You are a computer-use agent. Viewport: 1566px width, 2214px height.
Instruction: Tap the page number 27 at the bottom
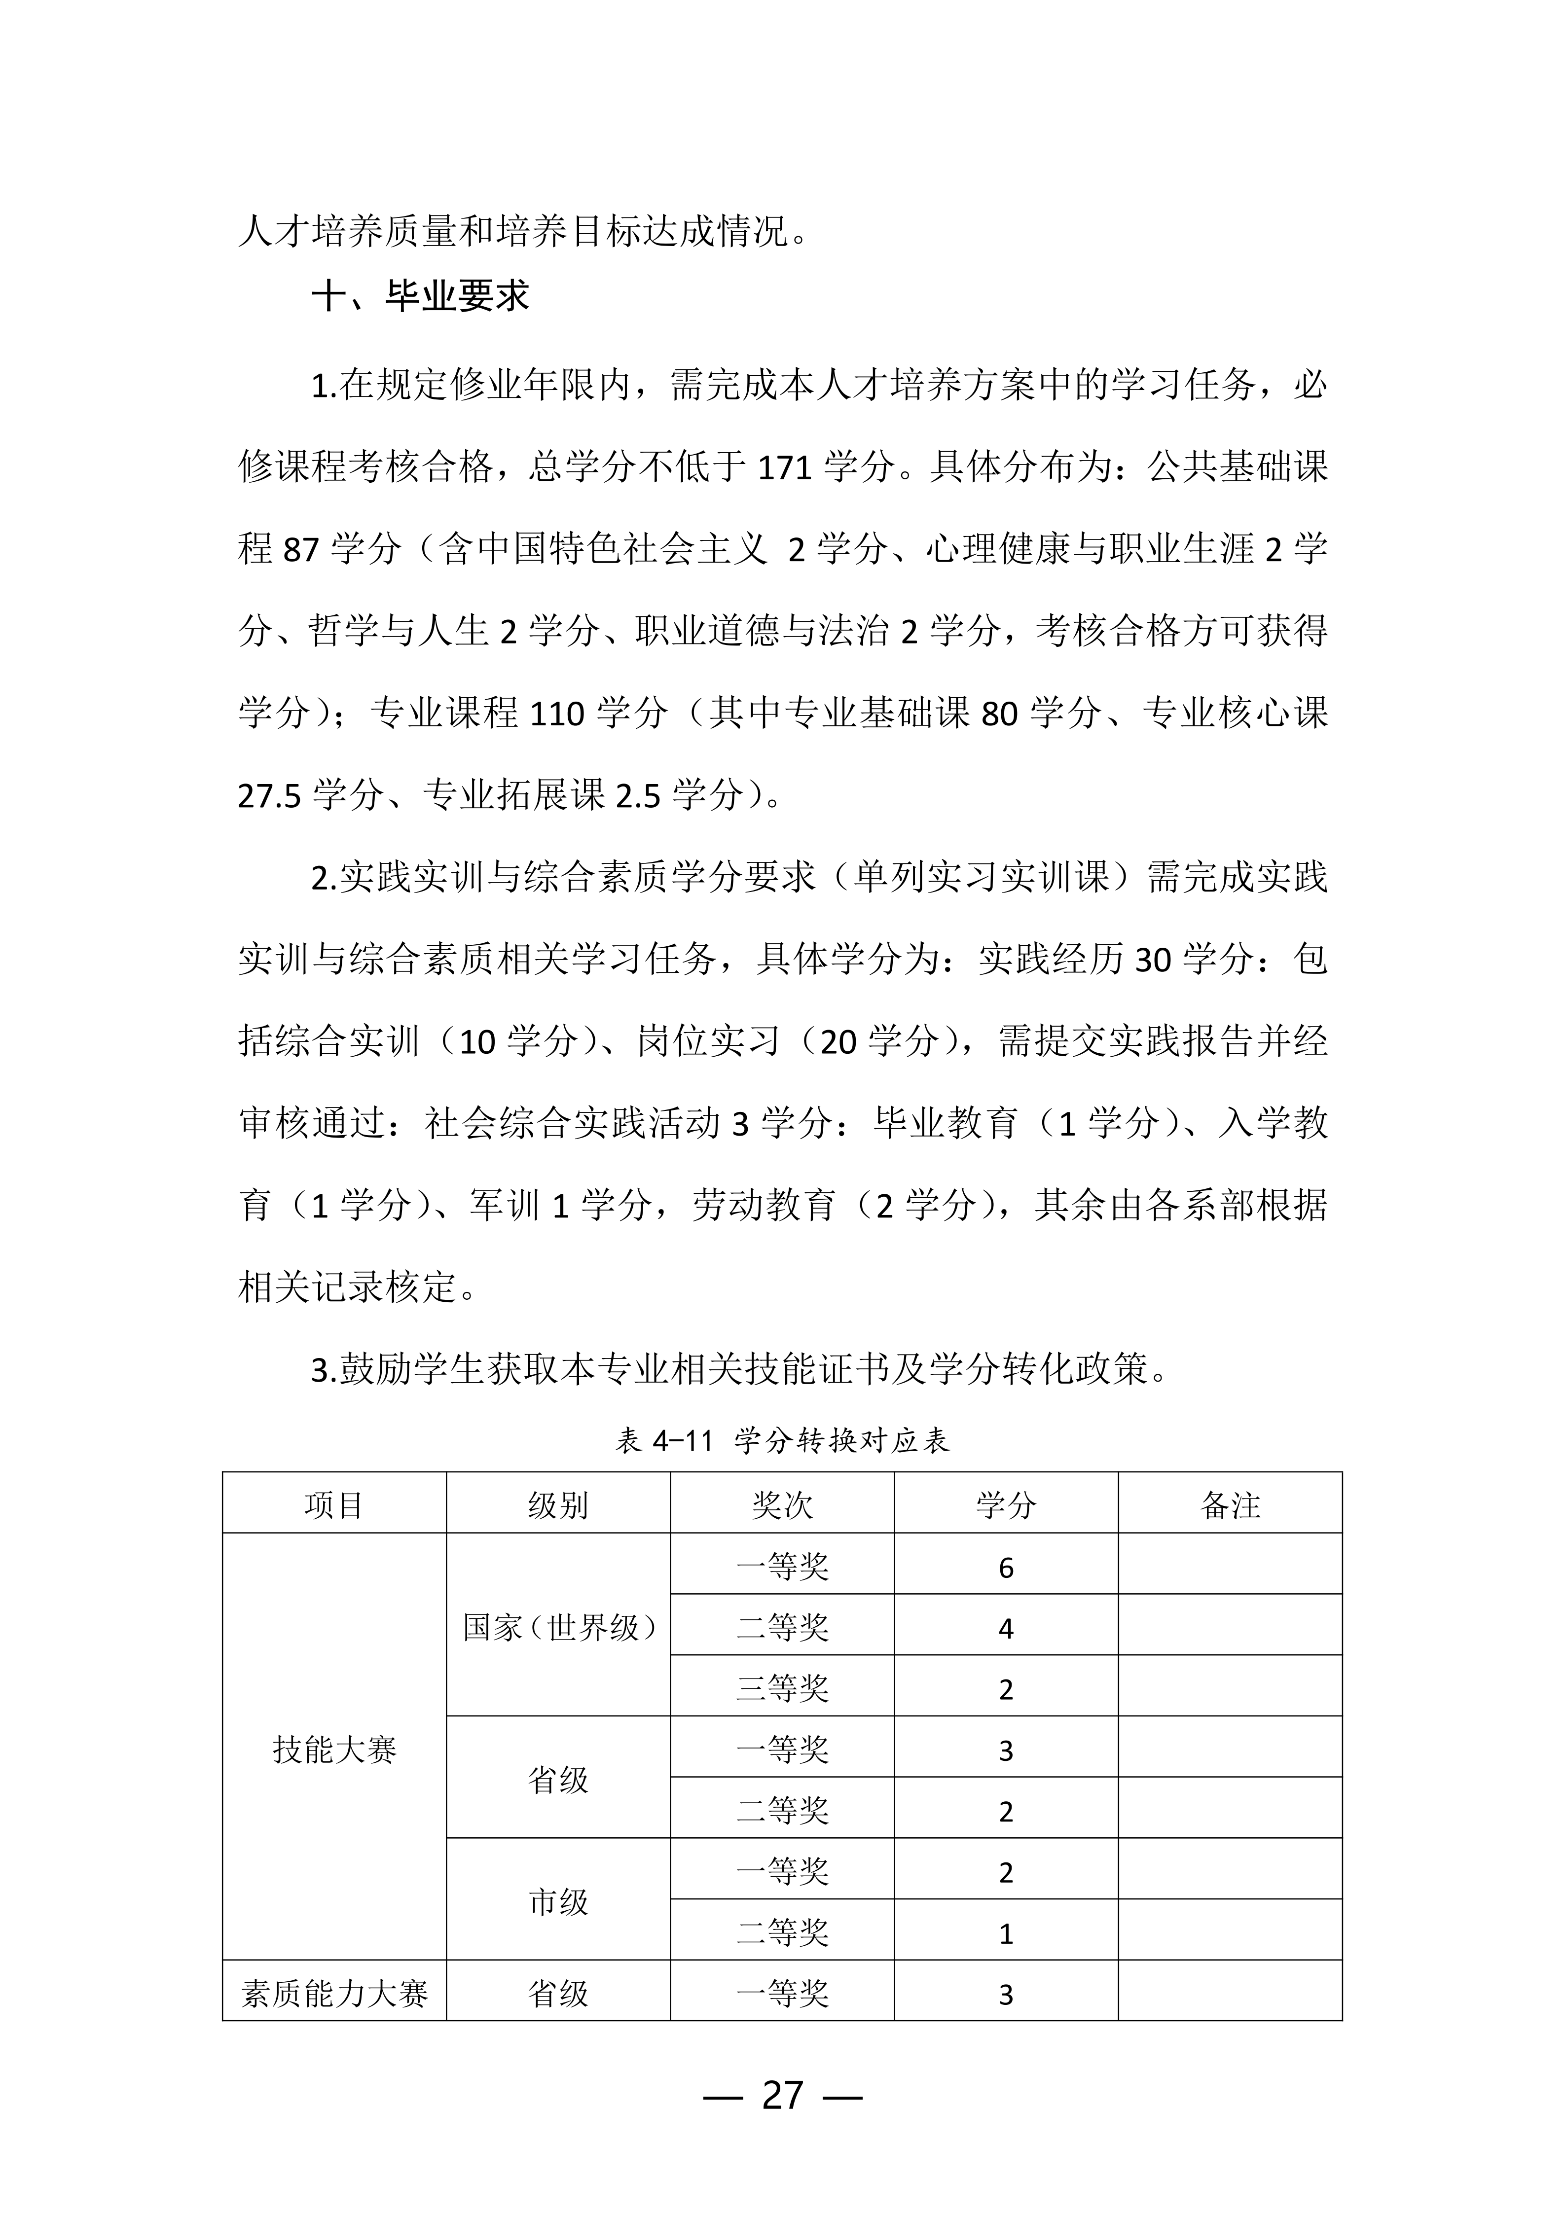point(782,2095)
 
